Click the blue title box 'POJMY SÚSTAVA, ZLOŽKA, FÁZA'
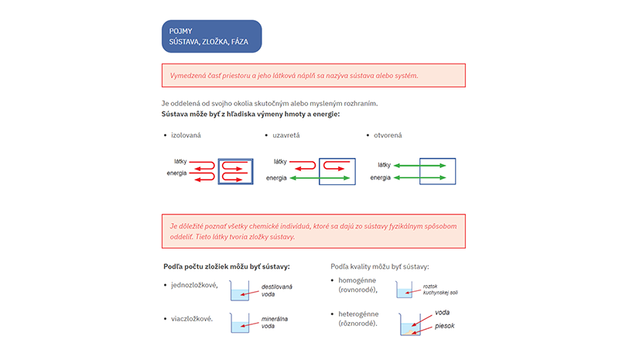(211, 36)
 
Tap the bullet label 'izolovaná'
(186, 135)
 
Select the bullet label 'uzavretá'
(286, 135)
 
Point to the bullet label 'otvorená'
(388, 135)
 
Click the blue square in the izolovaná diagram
(219, 172)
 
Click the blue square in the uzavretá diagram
(320, 172)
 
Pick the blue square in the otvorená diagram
(420, 172)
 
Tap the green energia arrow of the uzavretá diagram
(320, 178)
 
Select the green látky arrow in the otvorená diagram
(420, 166)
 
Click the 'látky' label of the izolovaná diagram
(180, 161)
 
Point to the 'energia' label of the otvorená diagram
(380, 178)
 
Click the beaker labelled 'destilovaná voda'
(240, 291)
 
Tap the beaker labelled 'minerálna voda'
(240, 323)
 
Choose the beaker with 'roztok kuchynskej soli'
(404, 290)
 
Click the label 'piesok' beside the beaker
(444, 326)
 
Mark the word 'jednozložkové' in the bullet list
(193, 286)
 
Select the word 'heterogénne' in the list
(358, 314)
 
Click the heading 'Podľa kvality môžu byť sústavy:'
(380, 267)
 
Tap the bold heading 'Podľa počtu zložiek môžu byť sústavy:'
(227, 267)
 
